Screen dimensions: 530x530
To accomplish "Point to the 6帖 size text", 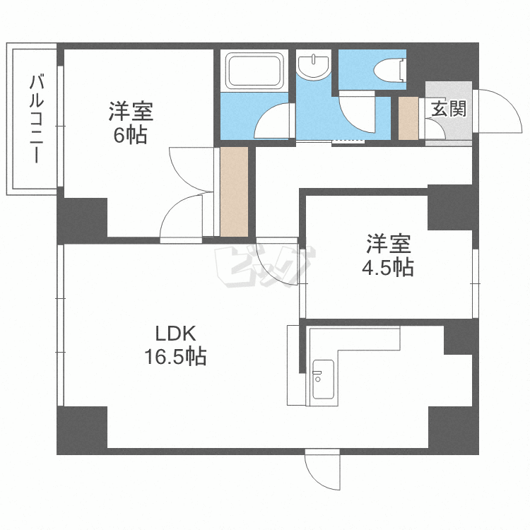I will click(131, 135).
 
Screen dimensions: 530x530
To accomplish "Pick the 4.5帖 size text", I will click(388, 268).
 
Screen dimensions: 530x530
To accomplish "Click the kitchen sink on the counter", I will click(322, 379).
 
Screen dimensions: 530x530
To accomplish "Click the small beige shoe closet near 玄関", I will click(408, 117).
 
